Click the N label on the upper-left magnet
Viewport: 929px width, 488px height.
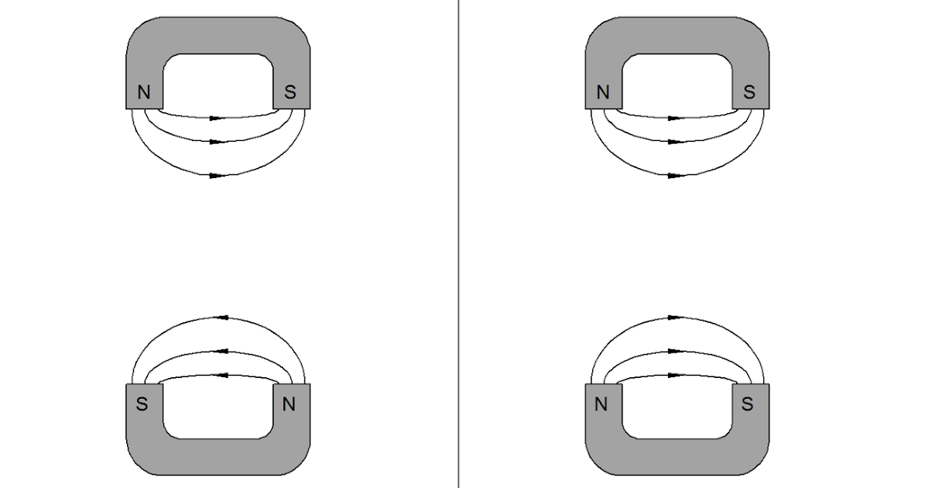(143, 93)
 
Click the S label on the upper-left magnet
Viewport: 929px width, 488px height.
(290, 93)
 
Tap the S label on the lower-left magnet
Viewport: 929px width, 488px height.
(142, 404)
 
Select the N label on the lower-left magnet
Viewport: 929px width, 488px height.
(290, 404)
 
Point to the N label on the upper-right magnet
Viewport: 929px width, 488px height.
(603, 93)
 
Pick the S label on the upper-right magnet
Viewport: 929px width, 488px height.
(749, 93)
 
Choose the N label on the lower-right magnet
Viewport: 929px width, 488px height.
(601, 404)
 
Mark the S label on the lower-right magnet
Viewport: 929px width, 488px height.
(748, 404)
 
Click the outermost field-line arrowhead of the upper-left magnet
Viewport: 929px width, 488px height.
(217, 176)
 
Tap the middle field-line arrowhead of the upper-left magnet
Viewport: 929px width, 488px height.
(217, 142)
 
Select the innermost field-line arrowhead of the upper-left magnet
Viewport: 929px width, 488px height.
(217, 119)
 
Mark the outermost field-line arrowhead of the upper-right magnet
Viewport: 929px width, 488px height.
(675, 176)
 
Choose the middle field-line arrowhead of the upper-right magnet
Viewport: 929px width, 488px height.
(675, 142)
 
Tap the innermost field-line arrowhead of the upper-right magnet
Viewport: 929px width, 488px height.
(675, 119)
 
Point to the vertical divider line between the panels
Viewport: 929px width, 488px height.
(458, 244)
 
